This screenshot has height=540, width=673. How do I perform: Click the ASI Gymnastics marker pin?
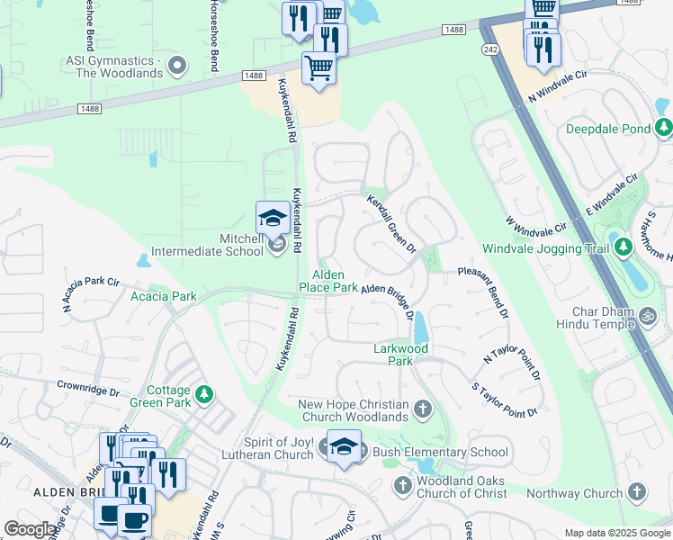coord(177,64)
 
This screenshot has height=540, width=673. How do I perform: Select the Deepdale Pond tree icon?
coord(664,128)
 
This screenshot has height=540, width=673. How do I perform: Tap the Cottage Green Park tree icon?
coord(205,394)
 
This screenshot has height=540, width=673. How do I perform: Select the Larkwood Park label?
coord(401,354)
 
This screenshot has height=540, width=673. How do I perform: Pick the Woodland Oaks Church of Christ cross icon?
coord(403,486)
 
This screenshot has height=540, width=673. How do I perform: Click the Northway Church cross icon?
coord(636,491)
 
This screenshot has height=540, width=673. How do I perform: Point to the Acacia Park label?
coord(163,296)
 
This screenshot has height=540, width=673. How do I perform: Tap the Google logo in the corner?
coord(30,529)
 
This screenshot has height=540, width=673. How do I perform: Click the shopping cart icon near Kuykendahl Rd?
coord(319,67)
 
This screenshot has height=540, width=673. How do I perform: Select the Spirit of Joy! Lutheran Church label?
coord(268,449)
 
